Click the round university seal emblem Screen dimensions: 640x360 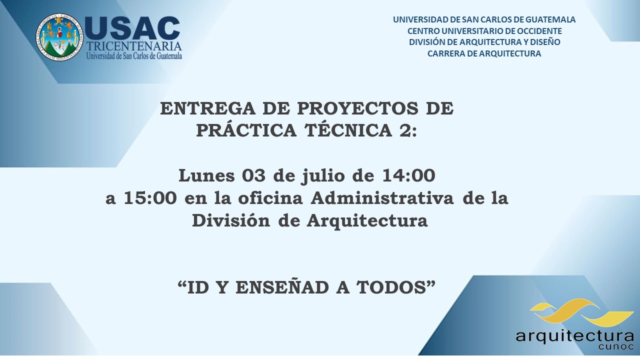click(x=59, y=37)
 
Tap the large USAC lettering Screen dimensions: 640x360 click(x=132, y=28)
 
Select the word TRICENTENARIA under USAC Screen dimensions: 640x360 click(x=134, y=46)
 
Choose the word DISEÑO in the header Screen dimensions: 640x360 click(x=545, y=42)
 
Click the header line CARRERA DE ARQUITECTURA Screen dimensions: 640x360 click(x=484, y=53)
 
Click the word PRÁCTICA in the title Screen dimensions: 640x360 click(x=246, y=130)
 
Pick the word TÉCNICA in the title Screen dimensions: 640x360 click(x=348, y=130)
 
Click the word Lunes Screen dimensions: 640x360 click(x=207, y=175)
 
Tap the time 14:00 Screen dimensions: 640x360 click(x=409, y=175)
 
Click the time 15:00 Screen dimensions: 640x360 click(x=150, y=198)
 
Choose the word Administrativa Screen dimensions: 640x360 click(x=382, y=197)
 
